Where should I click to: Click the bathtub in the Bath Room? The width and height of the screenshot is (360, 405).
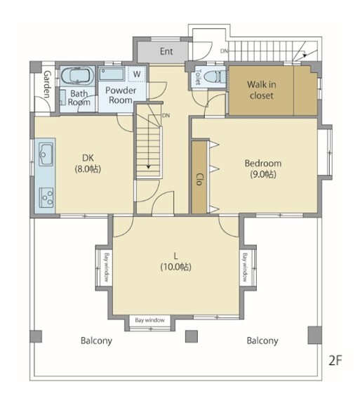[77, 76]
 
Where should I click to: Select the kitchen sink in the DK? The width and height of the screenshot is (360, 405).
[46, 154]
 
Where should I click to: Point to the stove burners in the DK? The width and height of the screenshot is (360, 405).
[46, 198]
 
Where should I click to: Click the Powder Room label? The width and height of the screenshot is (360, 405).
[121, 95]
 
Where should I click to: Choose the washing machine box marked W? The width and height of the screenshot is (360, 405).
[137, 74]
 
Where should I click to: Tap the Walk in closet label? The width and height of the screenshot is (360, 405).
[261, 90]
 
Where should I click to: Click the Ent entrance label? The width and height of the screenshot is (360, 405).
[166, 51]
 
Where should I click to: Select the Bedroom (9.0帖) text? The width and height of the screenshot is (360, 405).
[263, 169]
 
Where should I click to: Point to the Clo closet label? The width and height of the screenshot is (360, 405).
[199, 179]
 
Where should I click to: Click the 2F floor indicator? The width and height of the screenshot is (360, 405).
[335, 360]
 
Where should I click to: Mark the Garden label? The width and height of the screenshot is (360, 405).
[47, 84]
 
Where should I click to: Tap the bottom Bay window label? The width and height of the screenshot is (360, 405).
[149, 320]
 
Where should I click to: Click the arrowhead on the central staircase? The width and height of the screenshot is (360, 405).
[149, 167]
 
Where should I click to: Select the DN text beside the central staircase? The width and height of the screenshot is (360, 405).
[166, 115]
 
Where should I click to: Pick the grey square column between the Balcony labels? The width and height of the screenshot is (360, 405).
[192, 336]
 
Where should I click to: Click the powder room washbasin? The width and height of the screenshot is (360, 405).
[112, 74]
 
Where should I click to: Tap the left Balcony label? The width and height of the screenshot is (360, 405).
[96, 340]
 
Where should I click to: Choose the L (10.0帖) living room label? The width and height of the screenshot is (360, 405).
[176, 261]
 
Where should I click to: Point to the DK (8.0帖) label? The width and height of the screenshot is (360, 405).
[88, 164]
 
